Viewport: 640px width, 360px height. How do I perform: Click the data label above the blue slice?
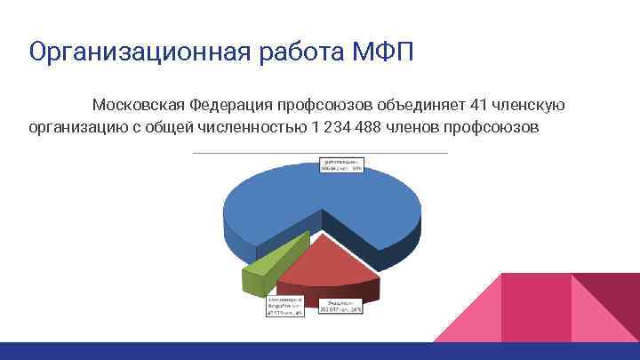click(x=342, y=166)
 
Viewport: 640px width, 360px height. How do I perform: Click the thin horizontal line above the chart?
click(x=320, y=153)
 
